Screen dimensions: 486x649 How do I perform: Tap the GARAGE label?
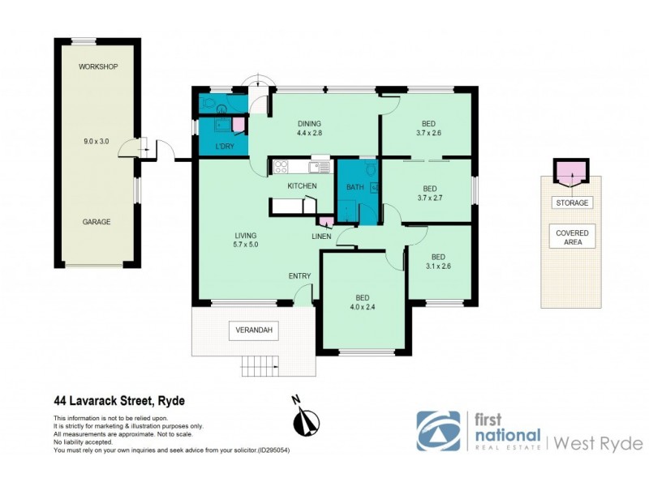[96, 221]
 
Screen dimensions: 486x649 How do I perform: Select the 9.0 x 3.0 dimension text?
[96, 142]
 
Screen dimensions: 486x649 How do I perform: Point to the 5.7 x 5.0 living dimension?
[244, 245]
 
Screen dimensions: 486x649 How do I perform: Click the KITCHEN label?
[302, 186]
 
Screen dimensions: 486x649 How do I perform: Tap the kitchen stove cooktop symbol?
[281, 167]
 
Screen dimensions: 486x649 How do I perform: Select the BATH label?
[355, 188]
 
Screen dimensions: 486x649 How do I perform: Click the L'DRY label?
[225, 147]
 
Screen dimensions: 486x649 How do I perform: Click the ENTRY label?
[299, 276]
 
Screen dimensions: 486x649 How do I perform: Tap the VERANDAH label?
[252, 330]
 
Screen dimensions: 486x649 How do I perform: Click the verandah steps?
[260, 366]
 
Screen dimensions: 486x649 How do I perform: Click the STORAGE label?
[572, 202]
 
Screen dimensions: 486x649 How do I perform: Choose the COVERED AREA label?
[572, 237]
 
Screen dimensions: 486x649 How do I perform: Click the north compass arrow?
[306, 418]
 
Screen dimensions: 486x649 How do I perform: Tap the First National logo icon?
[438, 431]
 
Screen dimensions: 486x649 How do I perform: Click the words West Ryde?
[599, 443]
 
